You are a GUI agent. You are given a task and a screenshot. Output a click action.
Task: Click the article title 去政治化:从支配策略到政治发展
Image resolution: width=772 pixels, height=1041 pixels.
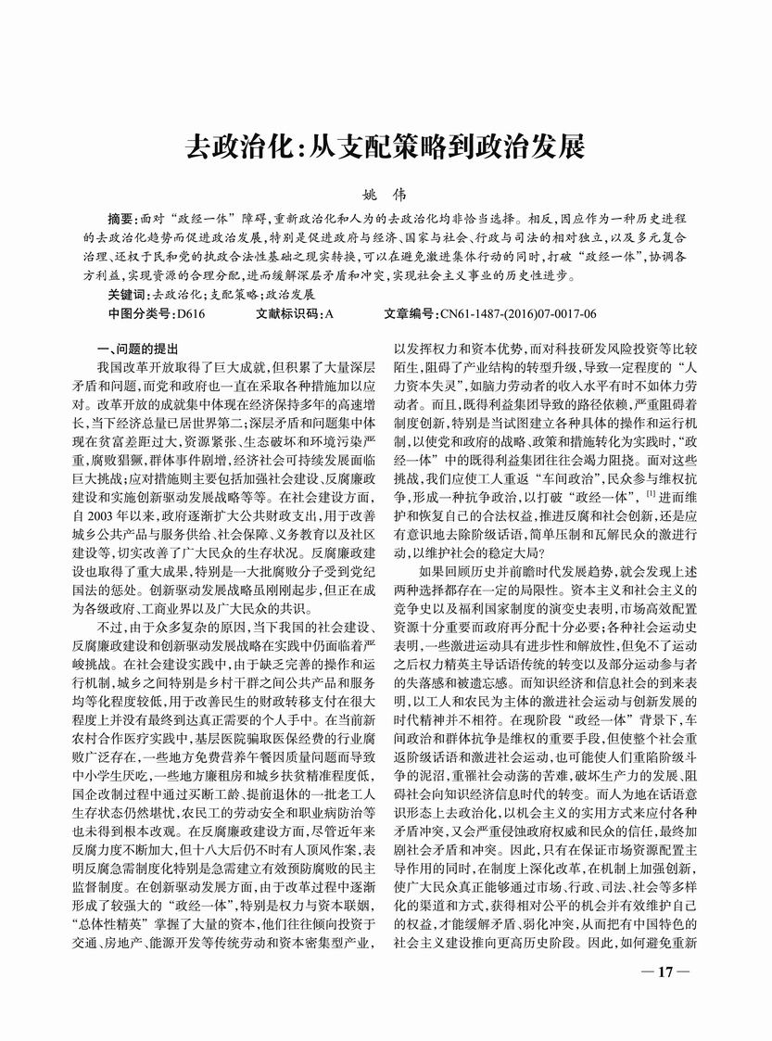click(386, 147)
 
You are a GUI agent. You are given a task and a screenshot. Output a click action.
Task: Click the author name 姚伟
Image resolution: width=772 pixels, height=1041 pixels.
click(385, 197)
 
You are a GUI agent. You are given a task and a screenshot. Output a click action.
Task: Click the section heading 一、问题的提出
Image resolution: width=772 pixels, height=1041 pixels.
click(138, 349)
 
